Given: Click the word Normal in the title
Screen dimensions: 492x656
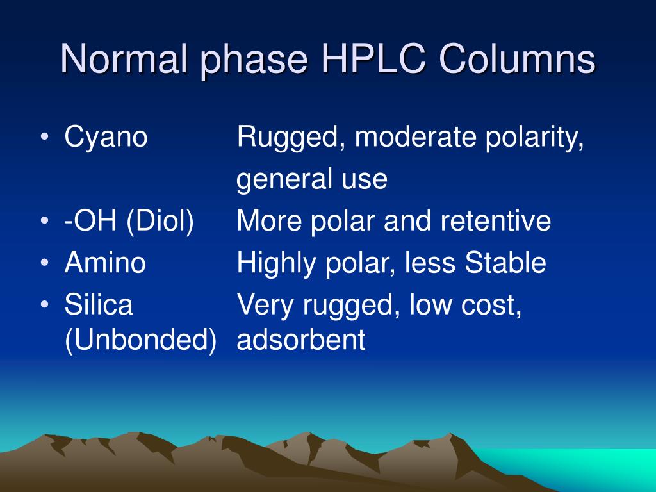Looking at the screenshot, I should click(122, 61).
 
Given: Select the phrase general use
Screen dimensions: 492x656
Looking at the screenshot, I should click(312, 181).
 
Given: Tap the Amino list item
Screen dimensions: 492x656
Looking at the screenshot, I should click(105, 263).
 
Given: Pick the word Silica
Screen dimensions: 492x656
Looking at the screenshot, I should click(99, 305).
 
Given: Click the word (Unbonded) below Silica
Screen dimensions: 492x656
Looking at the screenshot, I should click(140, 340).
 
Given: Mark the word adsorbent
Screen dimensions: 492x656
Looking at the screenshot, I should click(301, 340).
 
